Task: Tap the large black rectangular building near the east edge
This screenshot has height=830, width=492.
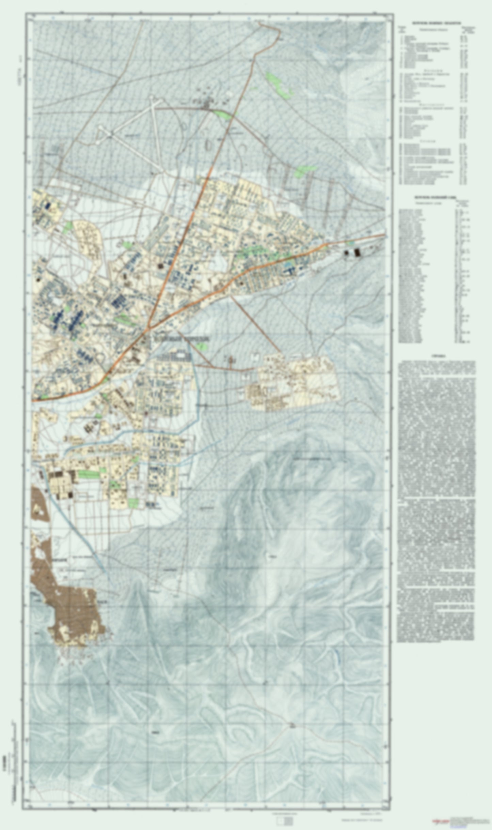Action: tap(357, 252)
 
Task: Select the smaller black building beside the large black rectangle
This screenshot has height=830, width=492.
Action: tap(348, 253)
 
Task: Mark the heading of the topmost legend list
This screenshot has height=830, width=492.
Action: tap(436, 24)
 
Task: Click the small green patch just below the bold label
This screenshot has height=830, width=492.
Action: tap(203, 347)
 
